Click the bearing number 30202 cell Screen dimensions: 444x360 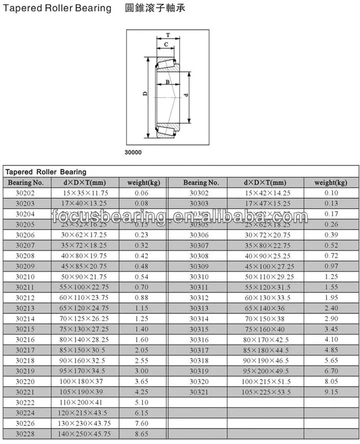click(x=25, y=193)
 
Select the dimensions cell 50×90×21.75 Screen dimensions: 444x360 click(x=84, y=277)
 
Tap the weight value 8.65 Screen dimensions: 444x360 click(x=141, y=434)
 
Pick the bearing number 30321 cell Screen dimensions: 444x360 click(x=199, y=392)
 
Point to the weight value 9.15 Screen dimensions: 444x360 click(x=331, y=392)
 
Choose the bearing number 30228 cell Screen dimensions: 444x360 click(x=25, y=434)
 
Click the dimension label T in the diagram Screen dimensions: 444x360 click(x=167, y=35)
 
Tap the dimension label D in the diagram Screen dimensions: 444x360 click(x=144, y=94)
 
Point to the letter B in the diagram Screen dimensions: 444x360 click(x=168, y=82)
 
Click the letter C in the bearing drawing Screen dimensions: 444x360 click(x=165, y=45)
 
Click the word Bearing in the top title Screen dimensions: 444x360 click(x=92, y=8)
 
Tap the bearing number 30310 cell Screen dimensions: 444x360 click(x=199, y=277)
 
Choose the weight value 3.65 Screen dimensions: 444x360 click(x=141, y=381)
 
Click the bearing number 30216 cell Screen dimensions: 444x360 click(x=25, y=339)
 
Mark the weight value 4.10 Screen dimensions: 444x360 click(x=331, y=339)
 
